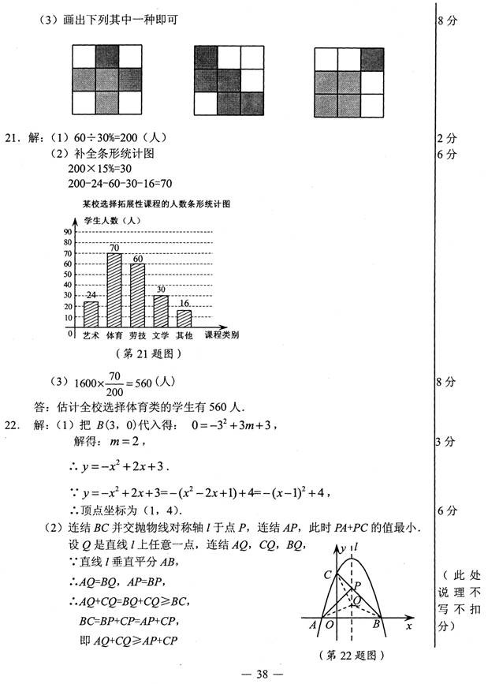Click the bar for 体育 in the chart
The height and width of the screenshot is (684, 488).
[x=114, y=290]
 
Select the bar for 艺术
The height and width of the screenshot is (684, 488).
[x=91, y=314]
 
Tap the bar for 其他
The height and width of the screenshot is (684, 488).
[x=184, y=318]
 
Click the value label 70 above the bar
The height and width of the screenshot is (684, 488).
[x=114, y=248]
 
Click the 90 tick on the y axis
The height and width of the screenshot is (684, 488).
[x=68, y=232]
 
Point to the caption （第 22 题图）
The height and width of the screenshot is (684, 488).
[x=357, y=655]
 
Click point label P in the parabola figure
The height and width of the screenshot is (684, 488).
[x=357, y=585]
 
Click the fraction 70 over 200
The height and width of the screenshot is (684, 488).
[x=114, y=383]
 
